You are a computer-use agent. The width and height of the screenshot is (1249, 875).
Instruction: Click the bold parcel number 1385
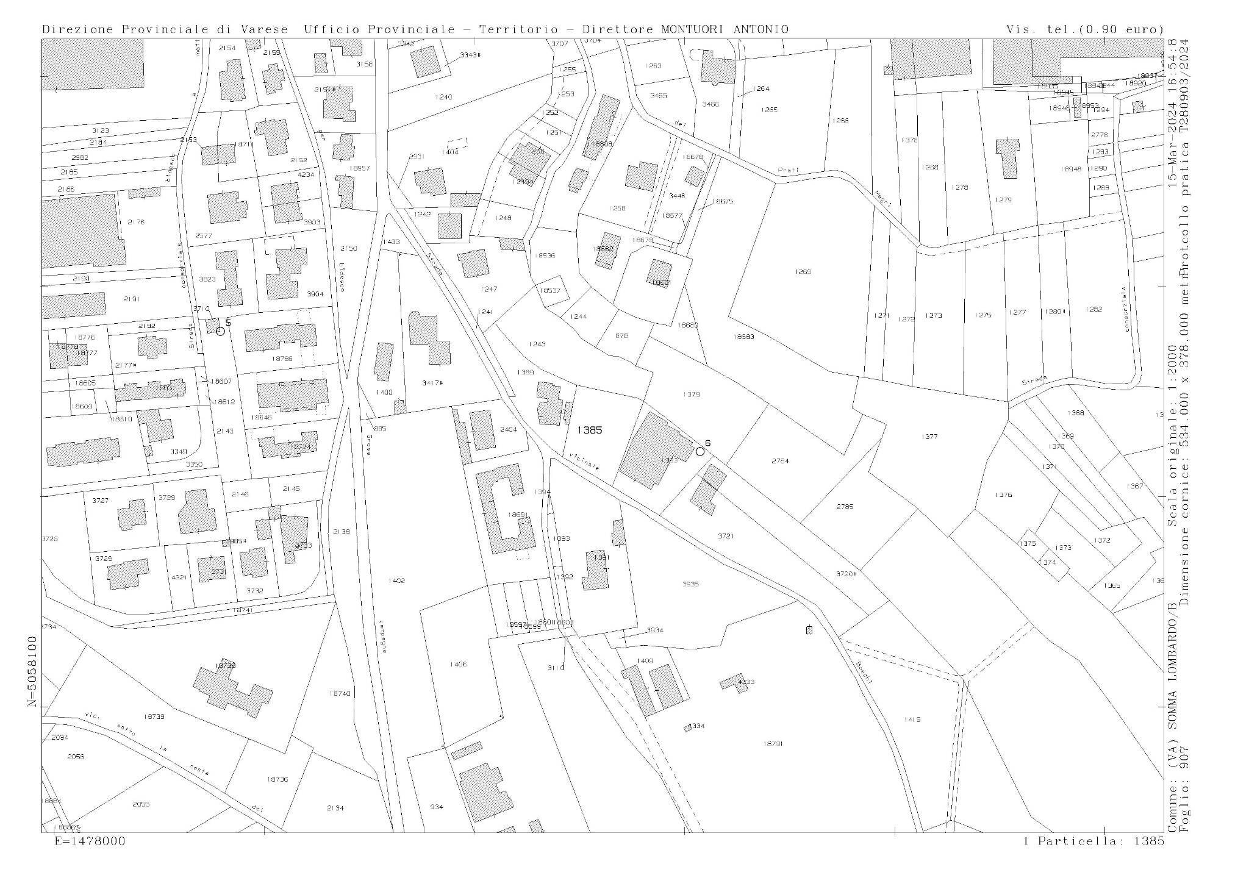590,430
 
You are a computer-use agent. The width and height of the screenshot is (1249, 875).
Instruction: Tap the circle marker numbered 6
700,451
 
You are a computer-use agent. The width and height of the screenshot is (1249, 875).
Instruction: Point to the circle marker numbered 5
221,330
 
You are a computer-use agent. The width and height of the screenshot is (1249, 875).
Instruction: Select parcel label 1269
803,271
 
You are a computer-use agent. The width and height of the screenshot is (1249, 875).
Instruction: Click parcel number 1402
396,580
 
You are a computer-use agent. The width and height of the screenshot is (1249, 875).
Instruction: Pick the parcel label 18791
773,743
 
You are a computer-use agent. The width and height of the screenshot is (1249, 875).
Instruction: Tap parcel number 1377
929,437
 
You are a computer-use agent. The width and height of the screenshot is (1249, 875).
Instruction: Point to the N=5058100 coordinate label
32,671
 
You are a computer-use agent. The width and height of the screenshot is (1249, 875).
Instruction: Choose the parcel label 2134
335,808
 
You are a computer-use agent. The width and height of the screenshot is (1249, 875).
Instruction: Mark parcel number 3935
690,584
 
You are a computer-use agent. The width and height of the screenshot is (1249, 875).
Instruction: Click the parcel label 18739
154,716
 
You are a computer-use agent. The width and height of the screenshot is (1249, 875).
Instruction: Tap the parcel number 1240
444,98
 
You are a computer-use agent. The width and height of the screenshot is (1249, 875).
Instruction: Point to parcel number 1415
912,720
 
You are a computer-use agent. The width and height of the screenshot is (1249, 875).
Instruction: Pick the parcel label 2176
136,222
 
